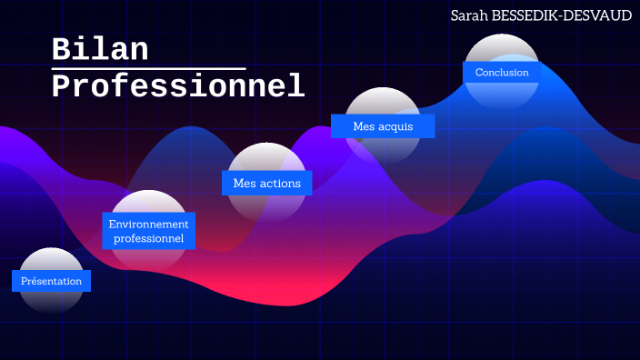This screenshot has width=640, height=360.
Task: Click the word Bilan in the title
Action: click(99, 49)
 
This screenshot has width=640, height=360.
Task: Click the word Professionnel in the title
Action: click(177, 86)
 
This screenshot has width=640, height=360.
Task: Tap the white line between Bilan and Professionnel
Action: click(148, 68)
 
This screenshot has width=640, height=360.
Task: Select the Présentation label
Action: click(51, 281)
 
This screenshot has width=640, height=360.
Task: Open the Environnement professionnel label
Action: click(148, 231)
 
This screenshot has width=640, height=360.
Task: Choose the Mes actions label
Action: click(266, 183)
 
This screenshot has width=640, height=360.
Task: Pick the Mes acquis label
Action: click(383, 126)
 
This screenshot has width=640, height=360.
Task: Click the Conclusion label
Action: click(502, 72)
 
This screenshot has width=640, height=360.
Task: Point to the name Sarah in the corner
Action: click(470, 15)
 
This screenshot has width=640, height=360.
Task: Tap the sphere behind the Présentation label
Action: click(51, 258)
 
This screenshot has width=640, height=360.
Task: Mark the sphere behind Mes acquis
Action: click(383, 102)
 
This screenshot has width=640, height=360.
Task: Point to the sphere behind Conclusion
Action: click(502, 48)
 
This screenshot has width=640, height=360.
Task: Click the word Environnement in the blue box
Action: click(148, 224)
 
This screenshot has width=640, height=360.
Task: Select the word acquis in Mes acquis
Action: click(395, 126)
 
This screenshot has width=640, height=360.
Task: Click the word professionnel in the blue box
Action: click(148, 239)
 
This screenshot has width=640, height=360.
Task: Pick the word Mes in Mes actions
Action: click(244, 183)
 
